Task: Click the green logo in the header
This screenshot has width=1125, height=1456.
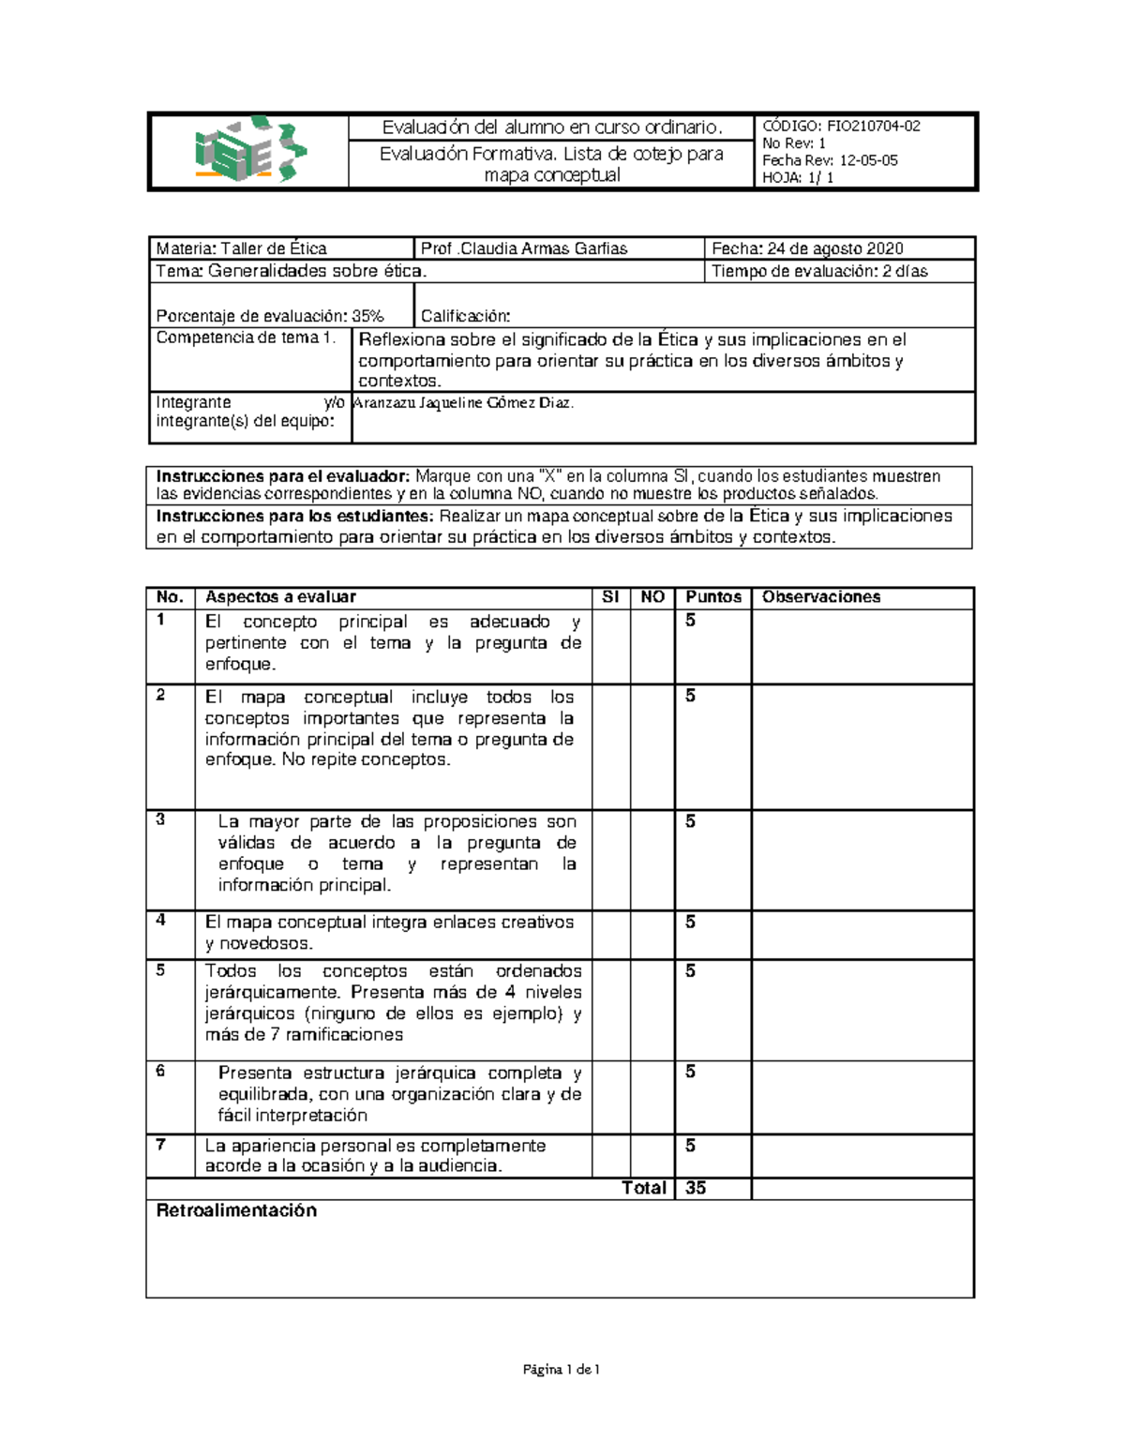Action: point(249,150)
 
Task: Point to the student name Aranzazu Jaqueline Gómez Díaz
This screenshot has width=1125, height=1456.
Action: point(462,403)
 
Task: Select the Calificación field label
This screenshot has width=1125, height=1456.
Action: point(465,317)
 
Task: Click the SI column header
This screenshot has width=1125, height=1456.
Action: point(610,597)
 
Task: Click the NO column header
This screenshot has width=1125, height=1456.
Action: point(652,597)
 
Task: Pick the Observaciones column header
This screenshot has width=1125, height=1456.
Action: point(821,597)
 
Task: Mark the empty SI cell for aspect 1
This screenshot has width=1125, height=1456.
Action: point(610,647)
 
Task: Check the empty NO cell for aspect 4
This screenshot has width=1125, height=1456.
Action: point(652,935)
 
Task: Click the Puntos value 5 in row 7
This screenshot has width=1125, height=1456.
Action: point(690,1146)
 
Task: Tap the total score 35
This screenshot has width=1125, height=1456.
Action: point(696,1188)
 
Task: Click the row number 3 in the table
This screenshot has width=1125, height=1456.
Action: point(160,820)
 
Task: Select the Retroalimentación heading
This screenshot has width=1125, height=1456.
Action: point(236,1211)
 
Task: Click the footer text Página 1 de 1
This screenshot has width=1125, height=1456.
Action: point(562,1370)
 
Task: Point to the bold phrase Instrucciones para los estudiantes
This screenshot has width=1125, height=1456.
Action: point(295,517)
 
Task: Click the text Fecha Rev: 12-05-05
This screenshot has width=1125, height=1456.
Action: point(830,160)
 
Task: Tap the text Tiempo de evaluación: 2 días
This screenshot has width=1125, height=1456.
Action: point(819,272)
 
